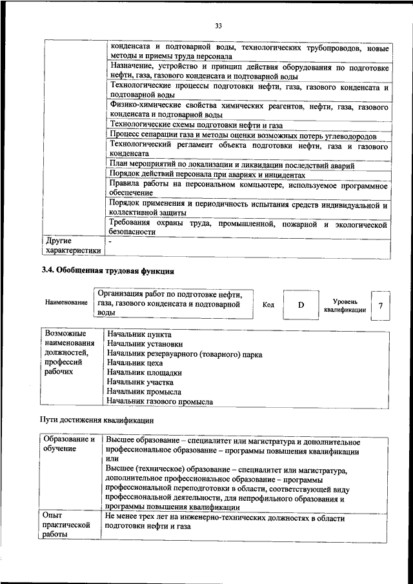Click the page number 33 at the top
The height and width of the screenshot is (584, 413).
[x=219, y=25]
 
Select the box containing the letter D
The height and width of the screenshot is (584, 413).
[x=301, y=305]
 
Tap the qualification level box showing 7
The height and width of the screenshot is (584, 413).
[x=381, y=305]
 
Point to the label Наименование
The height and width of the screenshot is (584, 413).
[x=66, y=302]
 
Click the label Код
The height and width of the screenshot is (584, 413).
[x=268, y=305]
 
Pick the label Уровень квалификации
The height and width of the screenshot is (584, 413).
[x=345, y=305]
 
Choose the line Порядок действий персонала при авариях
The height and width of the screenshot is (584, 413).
[x=206, y=175]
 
